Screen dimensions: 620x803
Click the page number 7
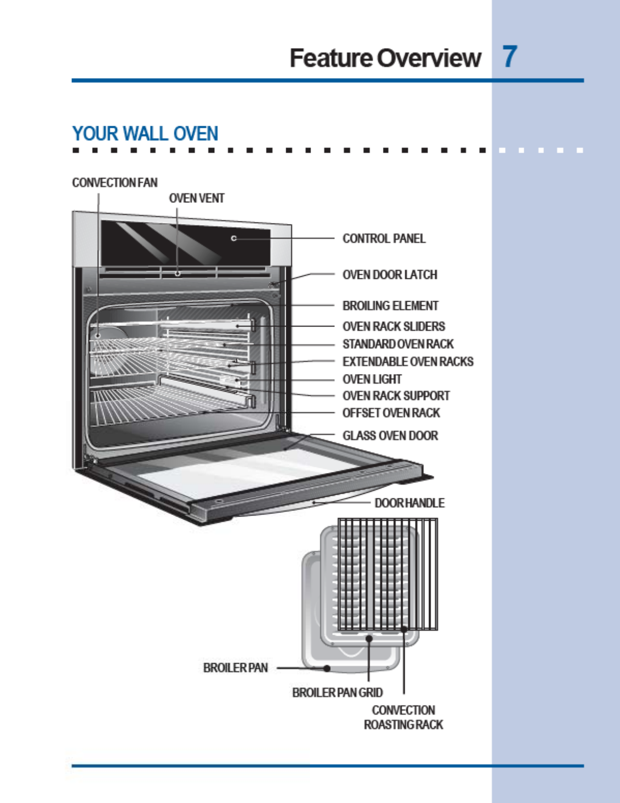(510, 57)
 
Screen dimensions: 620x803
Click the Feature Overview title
(385, 58)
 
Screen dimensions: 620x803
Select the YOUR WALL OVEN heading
(145, 134)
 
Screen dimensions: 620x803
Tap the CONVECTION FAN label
(114, 182)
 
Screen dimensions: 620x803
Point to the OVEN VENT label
(197, 198)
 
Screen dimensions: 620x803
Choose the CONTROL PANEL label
(384, 238)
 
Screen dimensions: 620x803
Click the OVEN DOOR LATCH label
(390, 275)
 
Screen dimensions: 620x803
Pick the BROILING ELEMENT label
(390, 306)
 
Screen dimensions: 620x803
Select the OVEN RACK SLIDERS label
(394, 326)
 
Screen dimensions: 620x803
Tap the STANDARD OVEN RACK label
(398, 344)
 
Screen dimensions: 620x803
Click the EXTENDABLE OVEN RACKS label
(408, 361)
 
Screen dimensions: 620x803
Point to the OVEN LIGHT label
(372, 379)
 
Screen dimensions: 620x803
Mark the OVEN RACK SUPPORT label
(396, 396)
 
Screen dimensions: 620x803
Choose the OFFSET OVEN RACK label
(391, 413)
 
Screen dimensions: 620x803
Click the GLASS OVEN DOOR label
(390, 435)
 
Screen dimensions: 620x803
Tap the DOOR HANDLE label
(409, 503)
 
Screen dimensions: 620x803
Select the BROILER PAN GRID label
(337, 692)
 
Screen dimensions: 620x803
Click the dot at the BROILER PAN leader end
(327, 668)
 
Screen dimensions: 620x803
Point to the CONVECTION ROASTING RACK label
(403, 717)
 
